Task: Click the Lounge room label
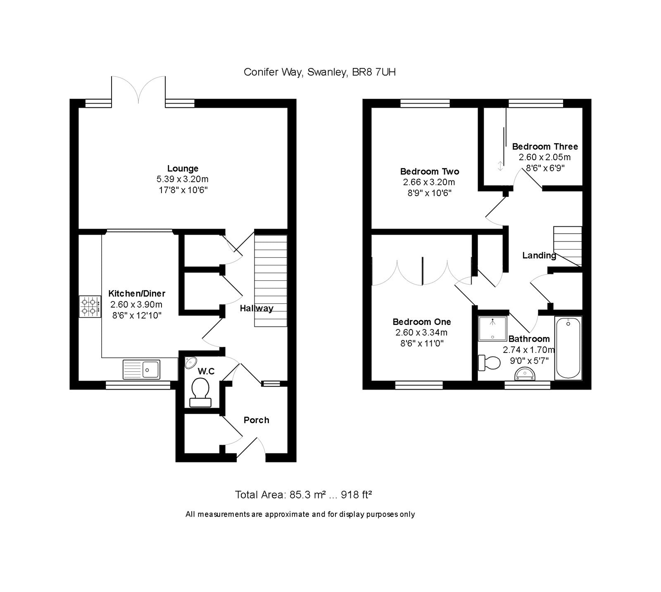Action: (x=183, y=168)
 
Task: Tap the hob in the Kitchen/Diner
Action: (x=90, y=307)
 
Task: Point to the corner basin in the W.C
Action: (x=189, y=363)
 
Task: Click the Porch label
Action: (x=256, y=420)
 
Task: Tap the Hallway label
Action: (x=256, y=308)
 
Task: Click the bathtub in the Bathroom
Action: (x=568, y=348)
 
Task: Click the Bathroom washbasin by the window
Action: (x=525, y=374)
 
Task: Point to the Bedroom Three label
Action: (x=544, y=147)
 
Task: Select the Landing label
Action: (x=539, y=256)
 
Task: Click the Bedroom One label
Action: (x=421, y=322)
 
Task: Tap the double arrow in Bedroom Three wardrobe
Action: (x=500, y=166)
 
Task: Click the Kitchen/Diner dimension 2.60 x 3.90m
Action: (x=136, y=305)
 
